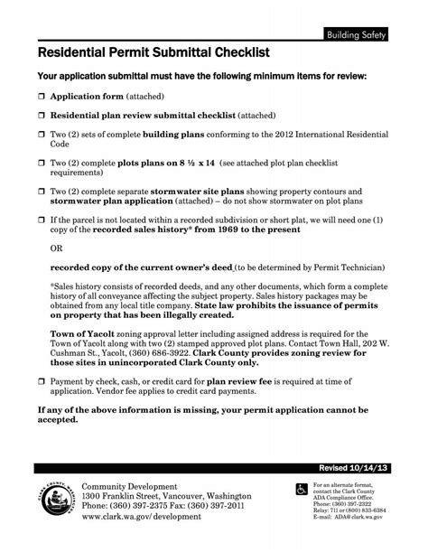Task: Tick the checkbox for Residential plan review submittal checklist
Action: tap(42, 117)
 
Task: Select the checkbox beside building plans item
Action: tap(42, 134)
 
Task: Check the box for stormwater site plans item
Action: tap(42, 192)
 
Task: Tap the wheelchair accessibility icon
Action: tap(302, 489)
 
